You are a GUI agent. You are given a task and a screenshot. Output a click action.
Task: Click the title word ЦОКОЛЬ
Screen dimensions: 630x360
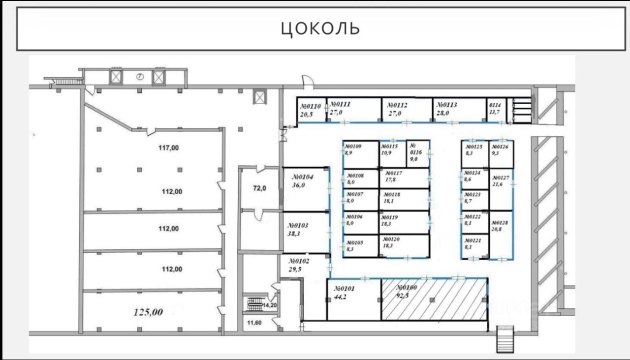(320, 28)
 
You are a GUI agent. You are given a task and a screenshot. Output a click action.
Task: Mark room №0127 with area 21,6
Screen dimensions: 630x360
(501, 189)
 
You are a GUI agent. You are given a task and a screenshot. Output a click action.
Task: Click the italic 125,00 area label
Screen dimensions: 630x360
(149, 311)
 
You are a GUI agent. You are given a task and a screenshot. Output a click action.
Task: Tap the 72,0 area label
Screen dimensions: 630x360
(259, 187)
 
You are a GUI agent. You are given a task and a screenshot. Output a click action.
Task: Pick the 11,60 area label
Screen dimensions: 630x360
(255, 323)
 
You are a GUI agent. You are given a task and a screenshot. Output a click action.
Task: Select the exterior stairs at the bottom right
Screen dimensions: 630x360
(505, 339)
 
